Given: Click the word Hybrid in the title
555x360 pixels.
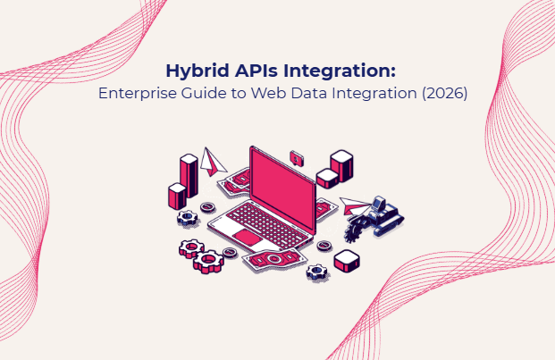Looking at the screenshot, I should [191, 71].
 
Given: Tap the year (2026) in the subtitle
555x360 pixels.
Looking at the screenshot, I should [441, 94].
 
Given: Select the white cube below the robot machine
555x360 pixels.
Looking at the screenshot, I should [347, 261].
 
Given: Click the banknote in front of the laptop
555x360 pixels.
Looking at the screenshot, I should [273, 259].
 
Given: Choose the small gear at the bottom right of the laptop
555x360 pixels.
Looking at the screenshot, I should [315, 271].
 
